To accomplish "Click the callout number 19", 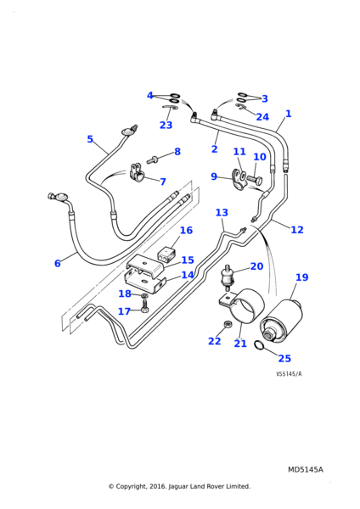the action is coord(301,277).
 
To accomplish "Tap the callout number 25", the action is coord(284,358).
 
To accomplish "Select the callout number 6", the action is coord(58,263).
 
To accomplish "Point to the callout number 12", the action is coord(297,230).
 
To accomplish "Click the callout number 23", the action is coord(166,125).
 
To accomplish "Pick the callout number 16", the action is coord(186,230).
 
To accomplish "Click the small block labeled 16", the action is coord(166,254).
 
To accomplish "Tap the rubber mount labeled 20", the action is coord(227,277).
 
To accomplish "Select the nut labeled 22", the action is coord(228,324).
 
